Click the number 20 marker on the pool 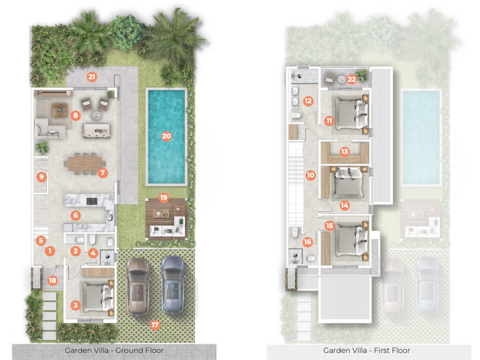click(166, 136)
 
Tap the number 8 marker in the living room click(76, 115)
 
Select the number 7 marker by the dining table click(103, 173)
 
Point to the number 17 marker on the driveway click(155, 325)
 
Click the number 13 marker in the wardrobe click(344, 151)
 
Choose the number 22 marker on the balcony click(352, 80)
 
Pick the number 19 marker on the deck click(163, 198)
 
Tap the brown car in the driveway click(138, 287)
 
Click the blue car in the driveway click(173, 284)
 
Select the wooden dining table click(85, 164)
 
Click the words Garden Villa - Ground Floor click(114, 350)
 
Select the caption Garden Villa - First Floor click(367, 350)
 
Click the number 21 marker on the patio click(92, 77)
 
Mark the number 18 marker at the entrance click(52, 280)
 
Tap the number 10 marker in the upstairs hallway click(310, 175)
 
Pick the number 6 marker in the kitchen click(76, 215)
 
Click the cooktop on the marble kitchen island click(92, 201)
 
